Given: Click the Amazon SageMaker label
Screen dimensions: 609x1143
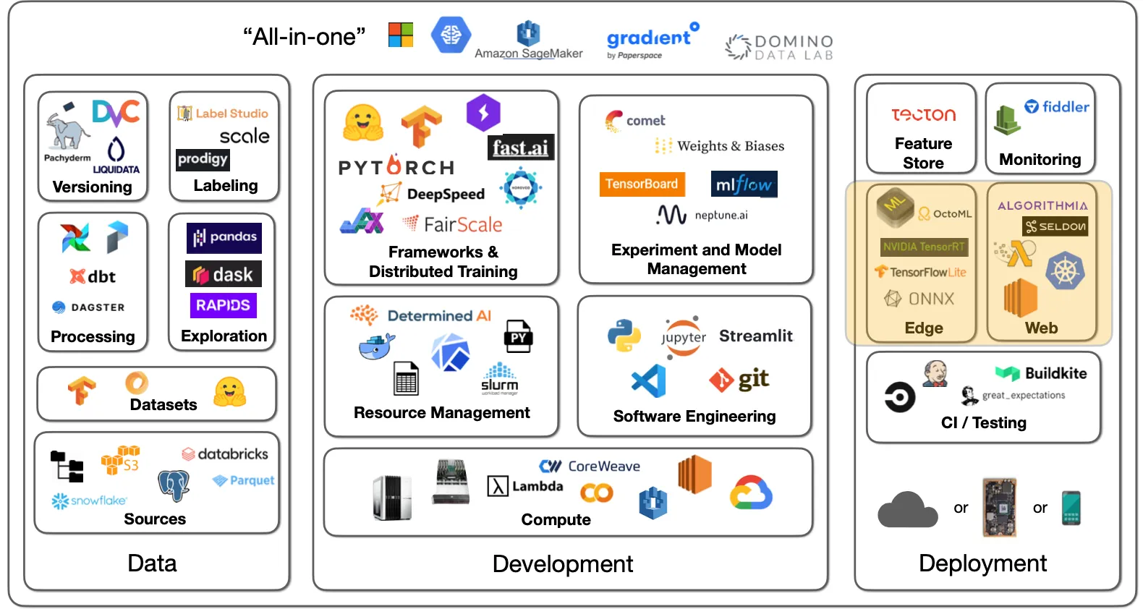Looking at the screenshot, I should coord(528,53).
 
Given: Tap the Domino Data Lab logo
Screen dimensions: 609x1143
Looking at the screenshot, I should coord(779,47).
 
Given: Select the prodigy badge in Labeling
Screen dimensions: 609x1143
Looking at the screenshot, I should coord(203,159).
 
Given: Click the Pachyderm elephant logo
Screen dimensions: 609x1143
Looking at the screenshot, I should coord(67,129).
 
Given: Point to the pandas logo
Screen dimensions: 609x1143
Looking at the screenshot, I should coord(224,237).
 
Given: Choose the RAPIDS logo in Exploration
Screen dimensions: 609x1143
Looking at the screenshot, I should coord(223,305).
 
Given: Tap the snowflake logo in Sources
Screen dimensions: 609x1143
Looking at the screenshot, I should coord(89,501).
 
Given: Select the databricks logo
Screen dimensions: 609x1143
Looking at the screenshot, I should coord(225,454).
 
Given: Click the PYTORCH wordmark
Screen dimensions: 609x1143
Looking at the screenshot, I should coord(396,167).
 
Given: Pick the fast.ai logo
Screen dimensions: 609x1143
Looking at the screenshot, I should coord(520,148).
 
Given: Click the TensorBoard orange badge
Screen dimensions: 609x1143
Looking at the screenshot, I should coord(642,184).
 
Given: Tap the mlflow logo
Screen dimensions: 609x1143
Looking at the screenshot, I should coord(744,184).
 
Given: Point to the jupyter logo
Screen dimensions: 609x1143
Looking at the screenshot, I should coord(683,337).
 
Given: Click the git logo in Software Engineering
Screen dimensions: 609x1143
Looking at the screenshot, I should coord(739,380).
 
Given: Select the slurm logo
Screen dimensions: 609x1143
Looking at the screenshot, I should coord(499,380).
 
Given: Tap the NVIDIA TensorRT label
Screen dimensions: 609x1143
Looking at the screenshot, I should coord(924,247).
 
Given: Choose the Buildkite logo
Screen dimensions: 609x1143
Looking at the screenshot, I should coord(1041,373).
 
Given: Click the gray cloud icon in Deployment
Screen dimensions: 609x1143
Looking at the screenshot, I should coord(907,510).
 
